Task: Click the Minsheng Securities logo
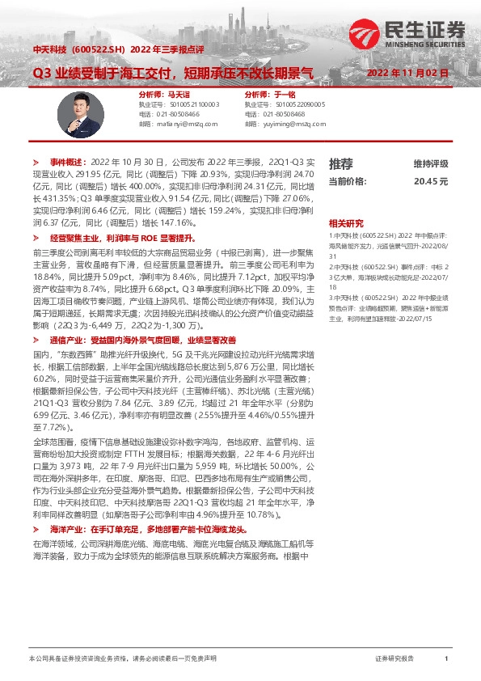tap(408, 32)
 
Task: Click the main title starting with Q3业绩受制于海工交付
tap(172, 73)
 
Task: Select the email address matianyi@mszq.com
tap(184, 124)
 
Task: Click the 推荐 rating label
tap(340, 163)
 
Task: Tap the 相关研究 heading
tap(345, 223)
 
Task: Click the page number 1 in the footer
tap(446, 659)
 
